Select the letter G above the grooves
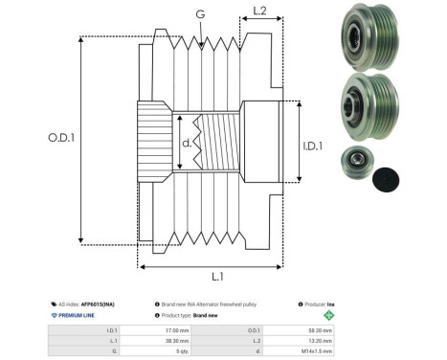point(199,13)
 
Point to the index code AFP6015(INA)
point(94,302)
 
